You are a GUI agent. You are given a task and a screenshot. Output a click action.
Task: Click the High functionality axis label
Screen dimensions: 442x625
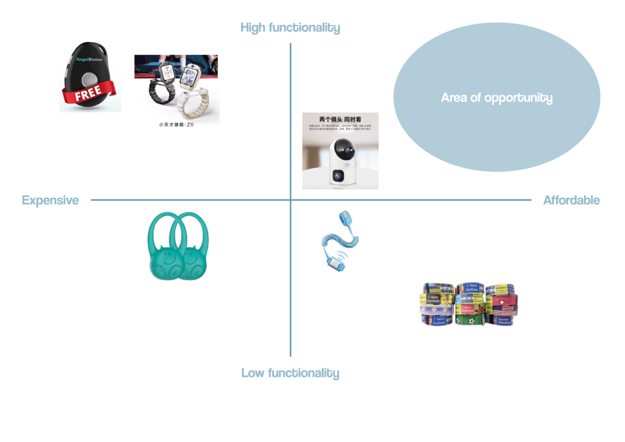point(290,28)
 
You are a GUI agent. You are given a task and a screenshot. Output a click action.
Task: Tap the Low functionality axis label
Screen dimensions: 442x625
point(290,373)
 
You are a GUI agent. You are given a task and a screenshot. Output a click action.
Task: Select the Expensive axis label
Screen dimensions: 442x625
point(50,200)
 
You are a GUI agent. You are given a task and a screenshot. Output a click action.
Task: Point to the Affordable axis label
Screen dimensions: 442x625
point(571,200)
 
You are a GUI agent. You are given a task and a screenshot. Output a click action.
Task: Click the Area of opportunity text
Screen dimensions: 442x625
point(496,98)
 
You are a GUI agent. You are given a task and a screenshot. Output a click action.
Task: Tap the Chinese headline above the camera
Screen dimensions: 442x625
point(340,119)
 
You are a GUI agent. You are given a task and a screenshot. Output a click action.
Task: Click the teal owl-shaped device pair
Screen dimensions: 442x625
point(178,246)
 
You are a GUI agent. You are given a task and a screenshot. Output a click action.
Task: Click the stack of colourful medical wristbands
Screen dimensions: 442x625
point(469,304)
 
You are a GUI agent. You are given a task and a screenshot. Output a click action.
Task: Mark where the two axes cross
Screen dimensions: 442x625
point(291,200)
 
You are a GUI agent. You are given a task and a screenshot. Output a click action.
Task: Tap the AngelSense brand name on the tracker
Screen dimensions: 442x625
point(89,59)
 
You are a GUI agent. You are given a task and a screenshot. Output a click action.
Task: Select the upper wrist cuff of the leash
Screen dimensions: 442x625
point(345,218)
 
